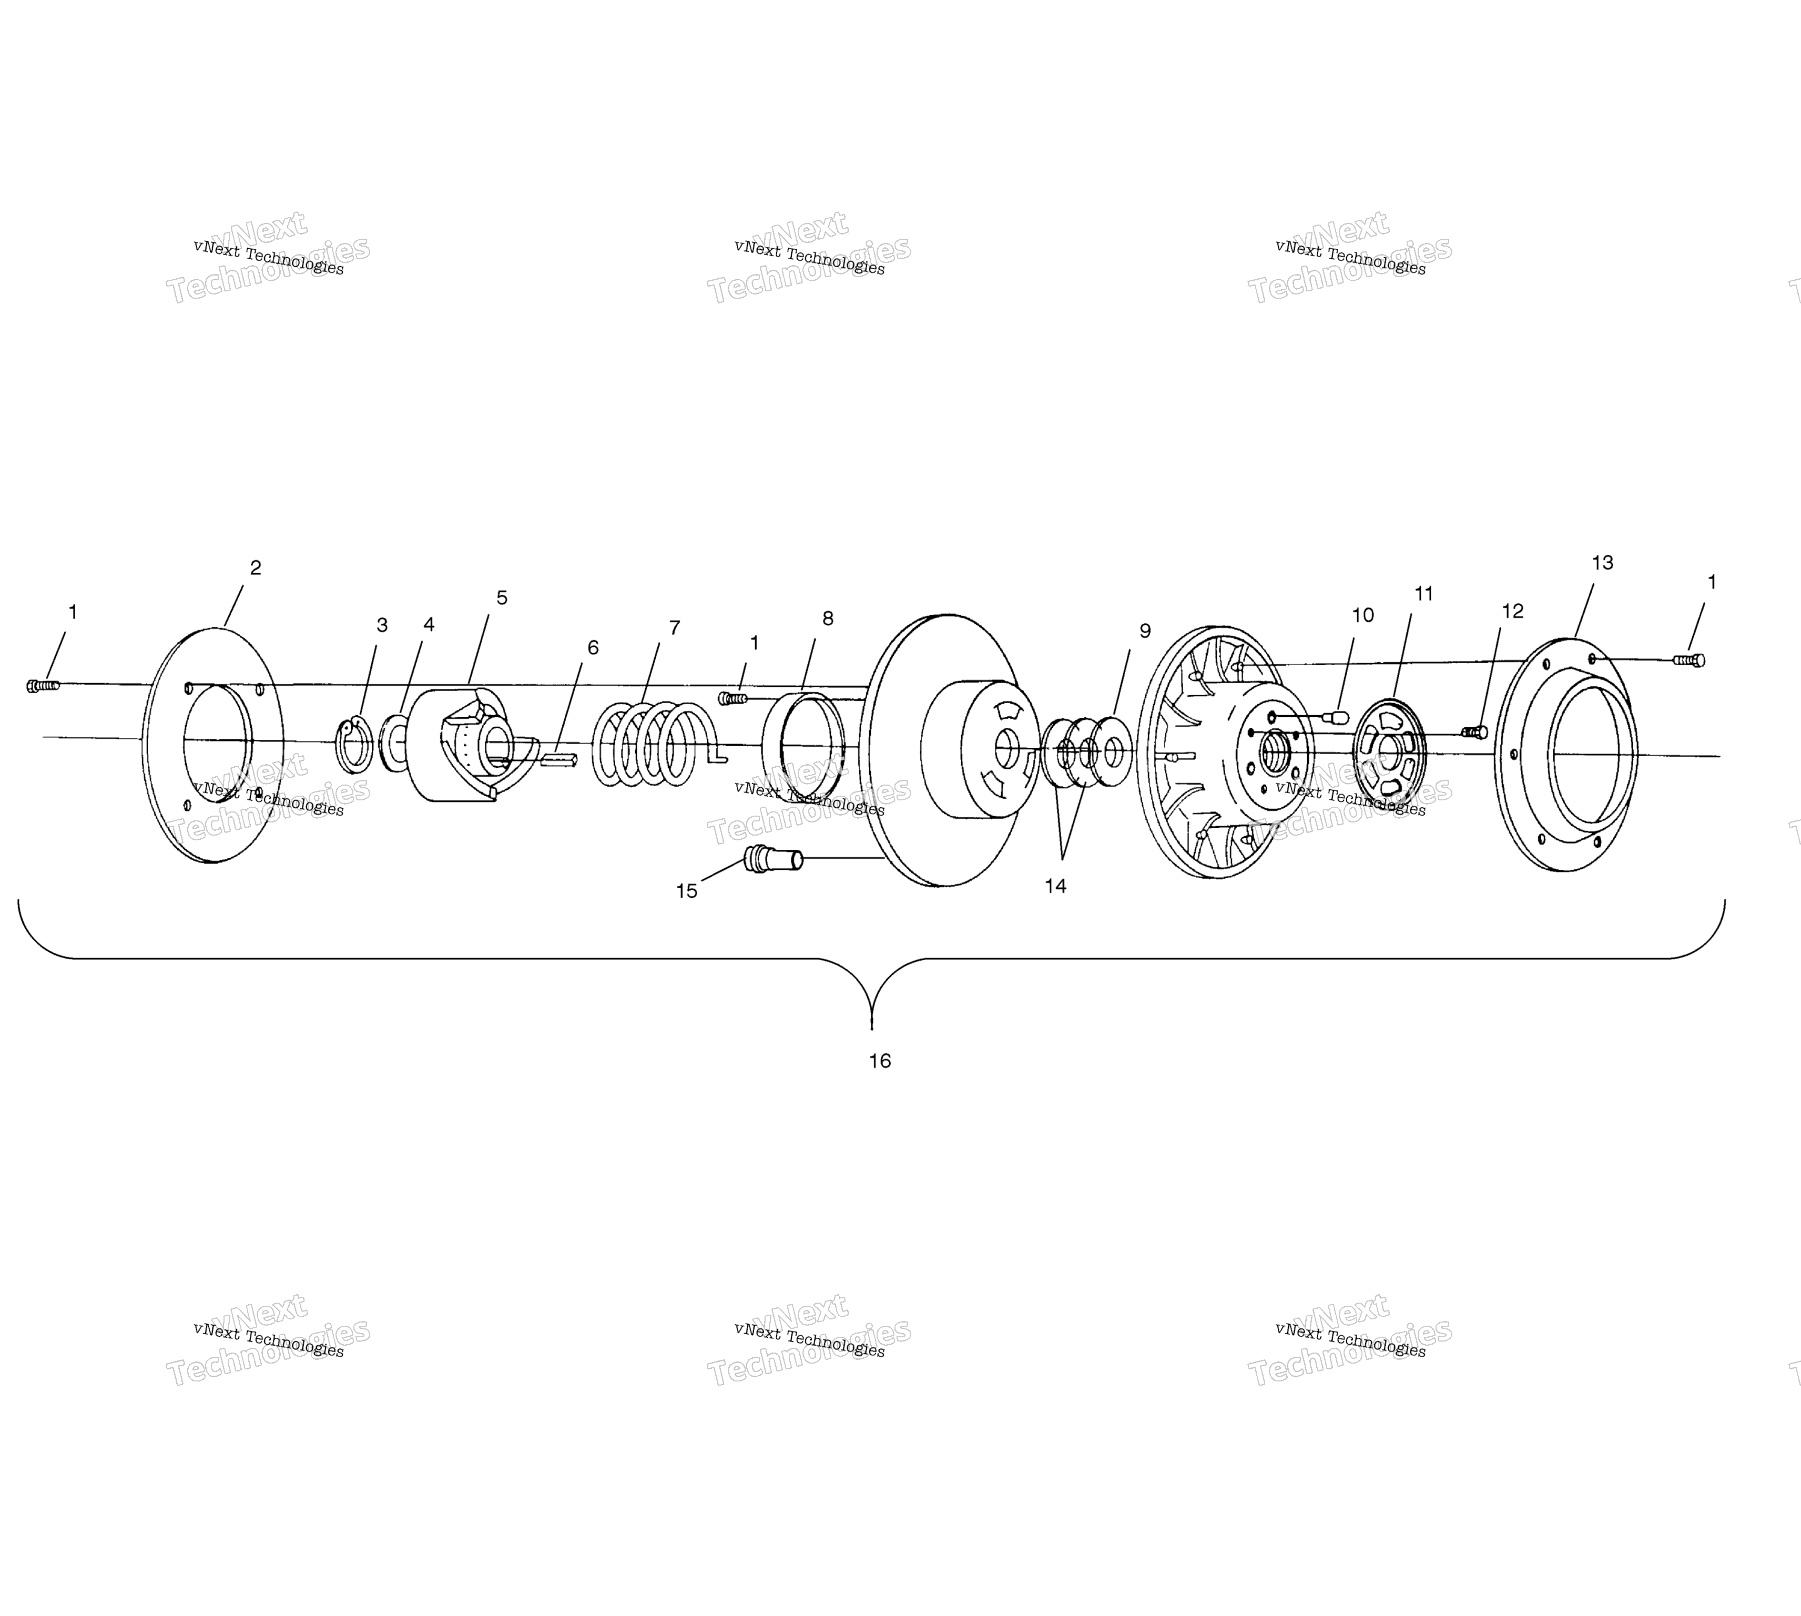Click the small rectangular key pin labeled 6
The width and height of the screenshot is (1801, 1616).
click(558, 759)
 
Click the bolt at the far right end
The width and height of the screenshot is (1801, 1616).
click(1688, 660)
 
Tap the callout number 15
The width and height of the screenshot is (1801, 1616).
click(687, 891)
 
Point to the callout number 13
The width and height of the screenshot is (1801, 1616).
click(1602, 563)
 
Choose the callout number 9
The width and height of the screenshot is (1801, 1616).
click(1145, 631)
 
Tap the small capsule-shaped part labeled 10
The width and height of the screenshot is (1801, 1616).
click(1336, 717)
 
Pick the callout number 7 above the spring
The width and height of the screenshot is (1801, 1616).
click(675, 628)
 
